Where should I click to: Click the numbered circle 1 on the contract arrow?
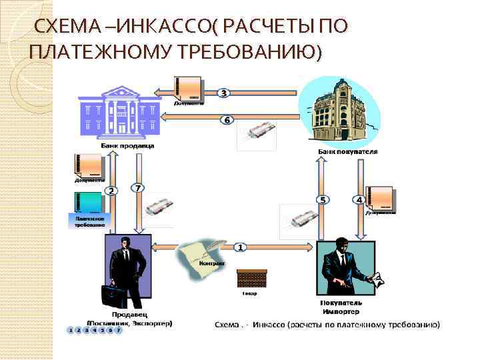pos(240,247)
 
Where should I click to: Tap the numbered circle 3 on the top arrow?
pos(225,93)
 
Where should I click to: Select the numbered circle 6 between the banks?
pos(227,120)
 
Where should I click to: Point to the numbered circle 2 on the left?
pos(111,191)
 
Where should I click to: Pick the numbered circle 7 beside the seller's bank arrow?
pos(137,189)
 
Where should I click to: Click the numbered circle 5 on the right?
pos(323,199)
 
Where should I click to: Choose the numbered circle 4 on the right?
pos(359,199)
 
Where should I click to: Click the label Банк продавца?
pos(128,145)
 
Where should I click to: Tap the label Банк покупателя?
pos(347,151)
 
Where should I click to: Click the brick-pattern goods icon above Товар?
pos(252,278)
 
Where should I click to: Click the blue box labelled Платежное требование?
pos(86,220)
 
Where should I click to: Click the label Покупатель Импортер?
pos(340,307)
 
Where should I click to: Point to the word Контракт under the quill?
pos(211,263)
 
